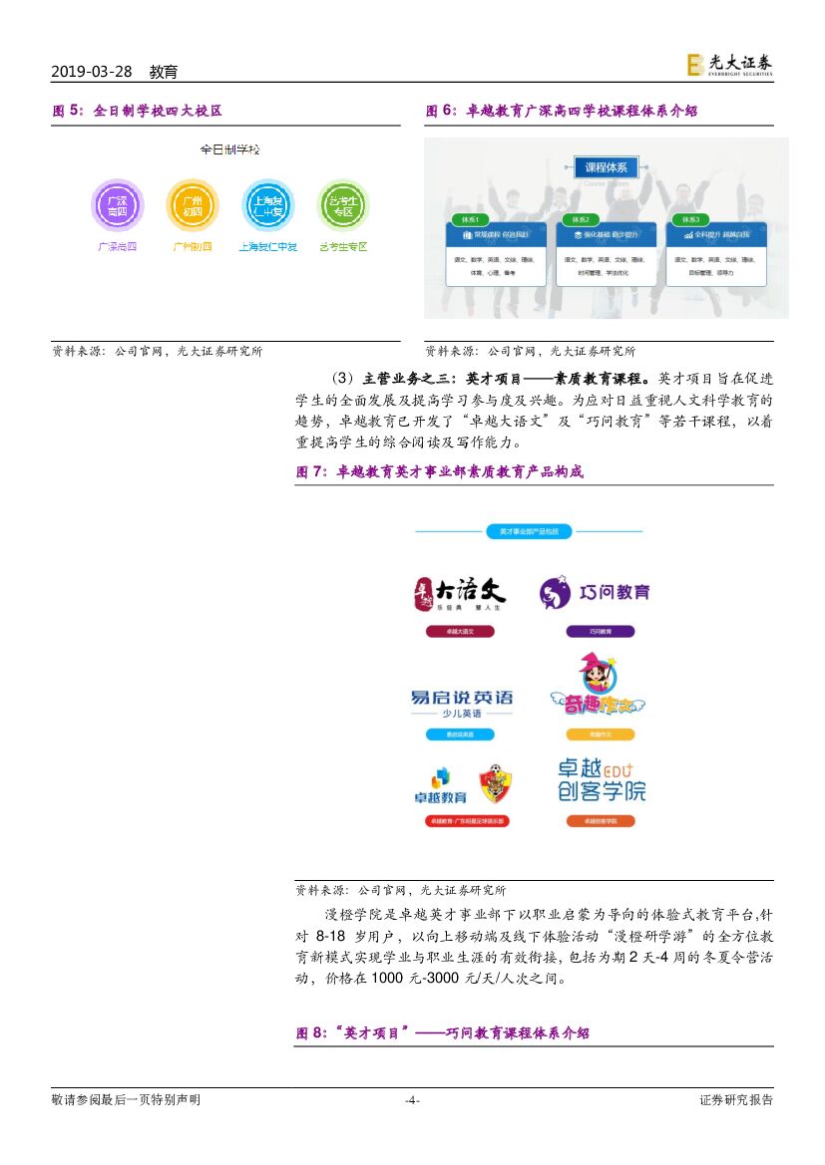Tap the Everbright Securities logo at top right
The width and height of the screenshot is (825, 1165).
click(x=729, y=65)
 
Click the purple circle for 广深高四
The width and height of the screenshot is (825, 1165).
click(x=117, y=206)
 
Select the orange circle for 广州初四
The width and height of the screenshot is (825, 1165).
click(x=192, y=206)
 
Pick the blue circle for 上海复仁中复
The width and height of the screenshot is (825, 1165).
click(x=267, y=206)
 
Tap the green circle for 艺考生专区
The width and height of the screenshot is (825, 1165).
click(x=343, y=206)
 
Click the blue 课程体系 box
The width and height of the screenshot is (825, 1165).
click(x=606, y=167)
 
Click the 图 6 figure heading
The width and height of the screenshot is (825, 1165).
click(x=562, y=112)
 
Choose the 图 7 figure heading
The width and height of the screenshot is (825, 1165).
click(x=439, y=472)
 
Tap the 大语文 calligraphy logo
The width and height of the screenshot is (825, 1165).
click(x=460, y=592)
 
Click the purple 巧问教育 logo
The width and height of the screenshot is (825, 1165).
click(x=595, y=592)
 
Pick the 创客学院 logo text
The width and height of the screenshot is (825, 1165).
click(x=601, y=791)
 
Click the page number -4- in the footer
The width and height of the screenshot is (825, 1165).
click(x=412, y=1100)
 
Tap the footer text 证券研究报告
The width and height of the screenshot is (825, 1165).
click(x=736, y=1100)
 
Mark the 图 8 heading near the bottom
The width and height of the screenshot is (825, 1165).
click(x=443, y=1033)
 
